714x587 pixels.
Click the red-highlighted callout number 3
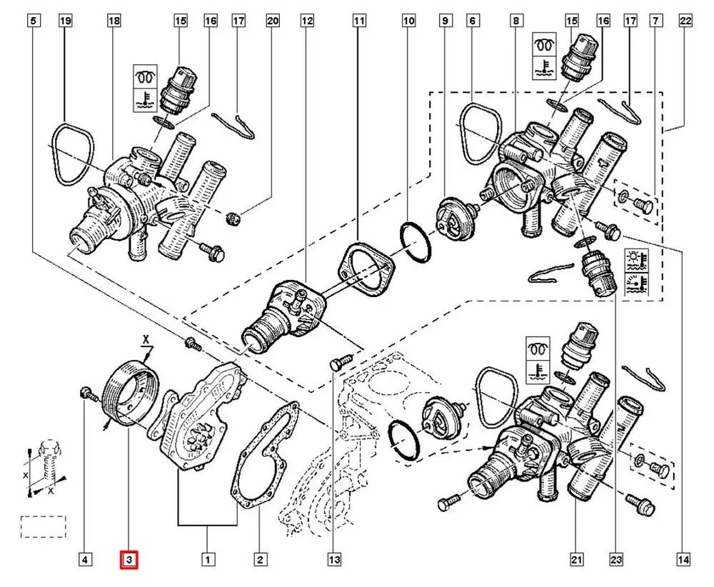[129, 559]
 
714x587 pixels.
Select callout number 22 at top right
[685, 21]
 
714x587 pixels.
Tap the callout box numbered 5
[34, 21]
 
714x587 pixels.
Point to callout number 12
[307, 21]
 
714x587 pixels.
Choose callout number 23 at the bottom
[616, 559]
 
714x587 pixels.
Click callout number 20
[273, 21]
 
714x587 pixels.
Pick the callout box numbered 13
[334, 559]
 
